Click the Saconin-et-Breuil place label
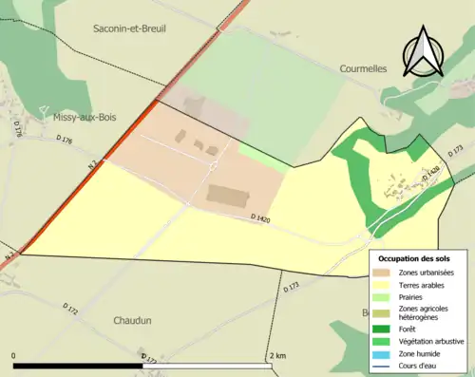tap(129, 29)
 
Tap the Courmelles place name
tap(367, 68)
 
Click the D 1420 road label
tap(261, 218)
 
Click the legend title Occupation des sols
tap(414, 258)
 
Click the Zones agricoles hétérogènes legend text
tap(426, 312)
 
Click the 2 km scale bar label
tap(277, 356)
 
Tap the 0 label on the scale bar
tap(14, 356)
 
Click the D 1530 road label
tap(430, 174)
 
